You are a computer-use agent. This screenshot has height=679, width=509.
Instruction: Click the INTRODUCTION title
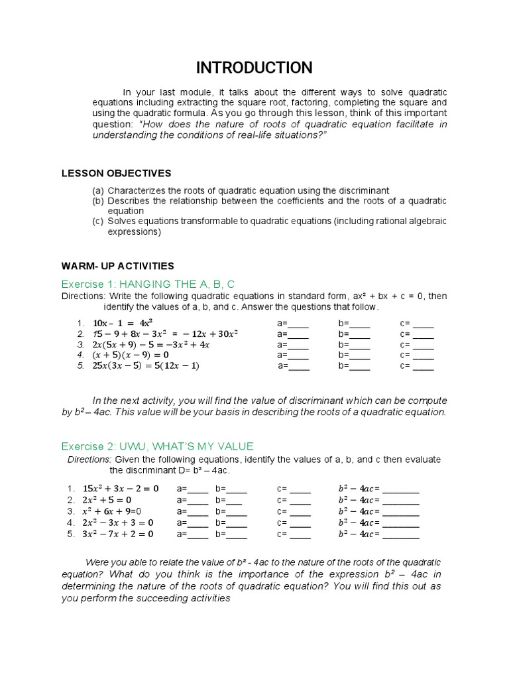[254, 68]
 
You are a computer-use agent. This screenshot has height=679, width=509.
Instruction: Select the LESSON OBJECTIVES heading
[116, 173]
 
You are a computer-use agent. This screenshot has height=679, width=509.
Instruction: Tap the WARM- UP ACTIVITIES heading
[117, 266]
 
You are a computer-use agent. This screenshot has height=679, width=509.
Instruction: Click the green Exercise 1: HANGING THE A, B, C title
[148, 284]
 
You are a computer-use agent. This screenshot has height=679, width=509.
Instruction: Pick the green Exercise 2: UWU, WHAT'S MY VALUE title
[157, 446]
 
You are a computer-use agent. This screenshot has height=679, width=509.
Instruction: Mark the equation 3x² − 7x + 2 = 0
[117, 533]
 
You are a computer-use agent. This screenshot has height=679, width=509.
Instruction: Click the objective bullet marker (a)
[99, 190]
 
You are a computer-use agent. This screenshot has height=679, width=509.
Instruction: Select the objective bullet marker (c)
[99, 221]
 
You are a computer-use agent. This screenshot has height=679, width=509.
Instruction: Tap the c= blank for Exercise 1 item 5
[424, 367]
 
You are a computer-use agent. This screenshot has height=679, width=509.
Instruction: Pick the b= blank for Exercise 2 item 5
[237, 535]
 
